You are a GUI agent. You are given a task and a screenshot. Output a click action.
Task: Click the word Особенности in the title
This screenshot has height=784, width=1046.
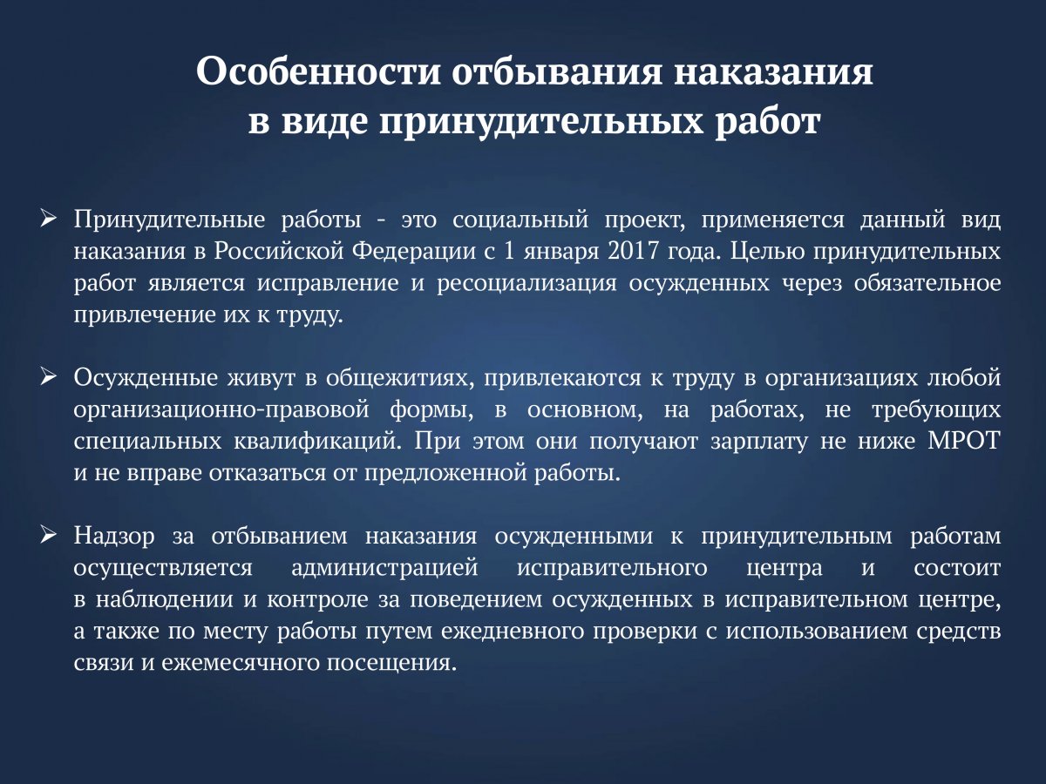318,71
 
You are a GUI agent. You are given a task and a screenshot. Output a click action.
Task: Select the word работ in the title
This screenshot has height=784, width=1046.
768,121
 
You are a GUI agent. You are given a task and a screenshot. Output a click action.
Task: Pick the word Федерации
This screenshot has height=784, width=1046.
414,252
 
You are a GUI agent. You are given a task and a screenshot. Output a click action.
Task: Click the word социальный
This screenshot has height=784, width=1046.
520,220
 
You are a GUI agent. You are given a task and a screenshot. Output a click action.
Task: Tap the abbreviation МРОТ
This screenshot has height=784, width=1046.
964,441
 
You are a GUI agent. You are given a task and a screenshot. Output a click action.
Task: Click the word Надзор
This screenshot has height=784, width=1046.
114,537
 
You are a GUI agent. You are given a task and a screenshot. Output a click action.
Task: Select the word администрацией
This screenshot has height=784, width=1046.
384,568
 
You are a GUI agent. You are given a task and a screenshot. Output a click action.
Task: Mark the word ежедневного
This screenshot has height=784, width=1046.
513,632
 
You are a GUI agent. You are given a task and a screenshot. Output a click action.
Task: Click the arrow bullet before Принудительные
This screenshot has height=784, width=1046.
49,220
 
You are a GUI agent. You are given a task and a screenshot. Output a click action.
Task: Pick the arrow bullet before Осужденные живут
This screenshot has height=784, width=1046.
49,378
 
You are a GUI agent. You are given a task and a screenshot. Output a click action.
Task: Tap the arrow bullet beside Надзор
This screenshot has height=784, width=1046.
49,537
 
